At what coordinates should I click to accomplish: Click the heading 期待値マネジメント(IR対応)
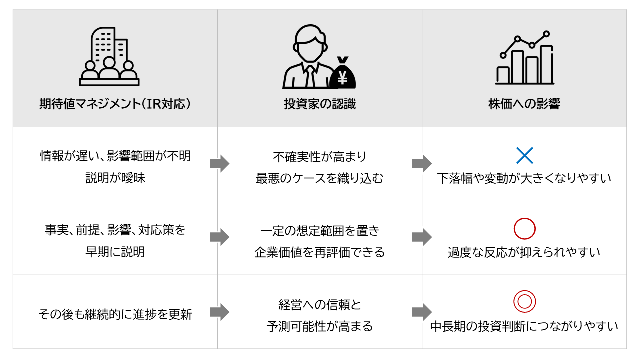[x=115, y=104]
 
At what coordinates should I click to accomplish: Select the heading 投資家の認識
[x=320, y=104]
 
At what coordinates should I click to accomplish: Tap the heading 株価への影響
[x=524, y=104]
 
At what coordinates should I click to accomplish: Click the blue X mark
[x=525, y=155]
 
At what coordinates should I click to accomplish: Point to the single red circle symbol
[x=525, y=219]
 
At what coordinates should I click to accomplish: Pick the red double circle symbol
[x=525, y=291]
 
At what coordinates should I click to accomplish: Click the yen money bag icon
[x=343, y=73]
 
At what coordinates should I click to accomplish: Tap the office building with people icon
[x=109, y=56]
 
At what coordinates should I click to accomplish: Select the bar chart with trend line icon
[x=525, y=58]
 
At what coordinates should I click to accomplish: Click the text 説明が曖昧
[x=115, y=178]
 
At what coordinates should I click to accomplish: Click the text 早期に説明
[x=115, y=252]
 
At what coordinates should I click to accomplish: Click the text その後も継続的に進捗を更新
[x=115, y=315]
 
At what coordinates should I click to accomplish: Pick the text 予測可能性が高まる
[x=320, y=326]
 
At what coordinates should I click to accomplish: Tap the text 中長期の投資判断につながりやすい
[x=524, y=327]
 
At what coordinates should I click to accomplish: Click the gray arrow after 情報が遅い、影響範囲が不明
[x=219, y=163]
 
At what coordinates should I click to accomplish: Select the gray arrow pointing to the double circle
[x=422, y=312]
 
